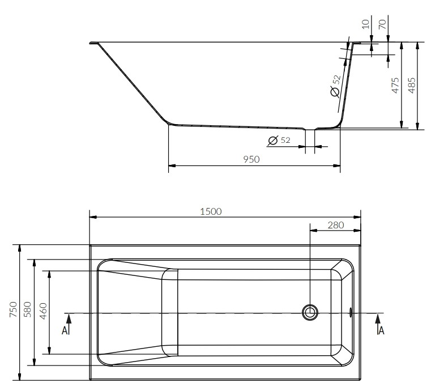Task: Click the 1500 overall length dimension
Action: (211, 212)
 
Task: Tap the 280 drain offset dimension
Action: (336, 225)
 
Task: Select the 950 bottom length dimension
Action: (251, 159)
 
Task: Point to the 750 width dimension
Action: (14, 309)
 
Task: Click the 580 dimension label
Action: (28, 309)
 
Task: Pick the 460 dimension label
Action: (43, 311)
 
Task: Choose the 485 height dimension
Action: (412, 85)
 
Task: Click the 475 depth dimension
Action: (395, 85)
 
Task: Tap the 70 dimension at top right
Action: (382, 24)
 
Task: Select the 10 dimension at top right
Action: (366, 24)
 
